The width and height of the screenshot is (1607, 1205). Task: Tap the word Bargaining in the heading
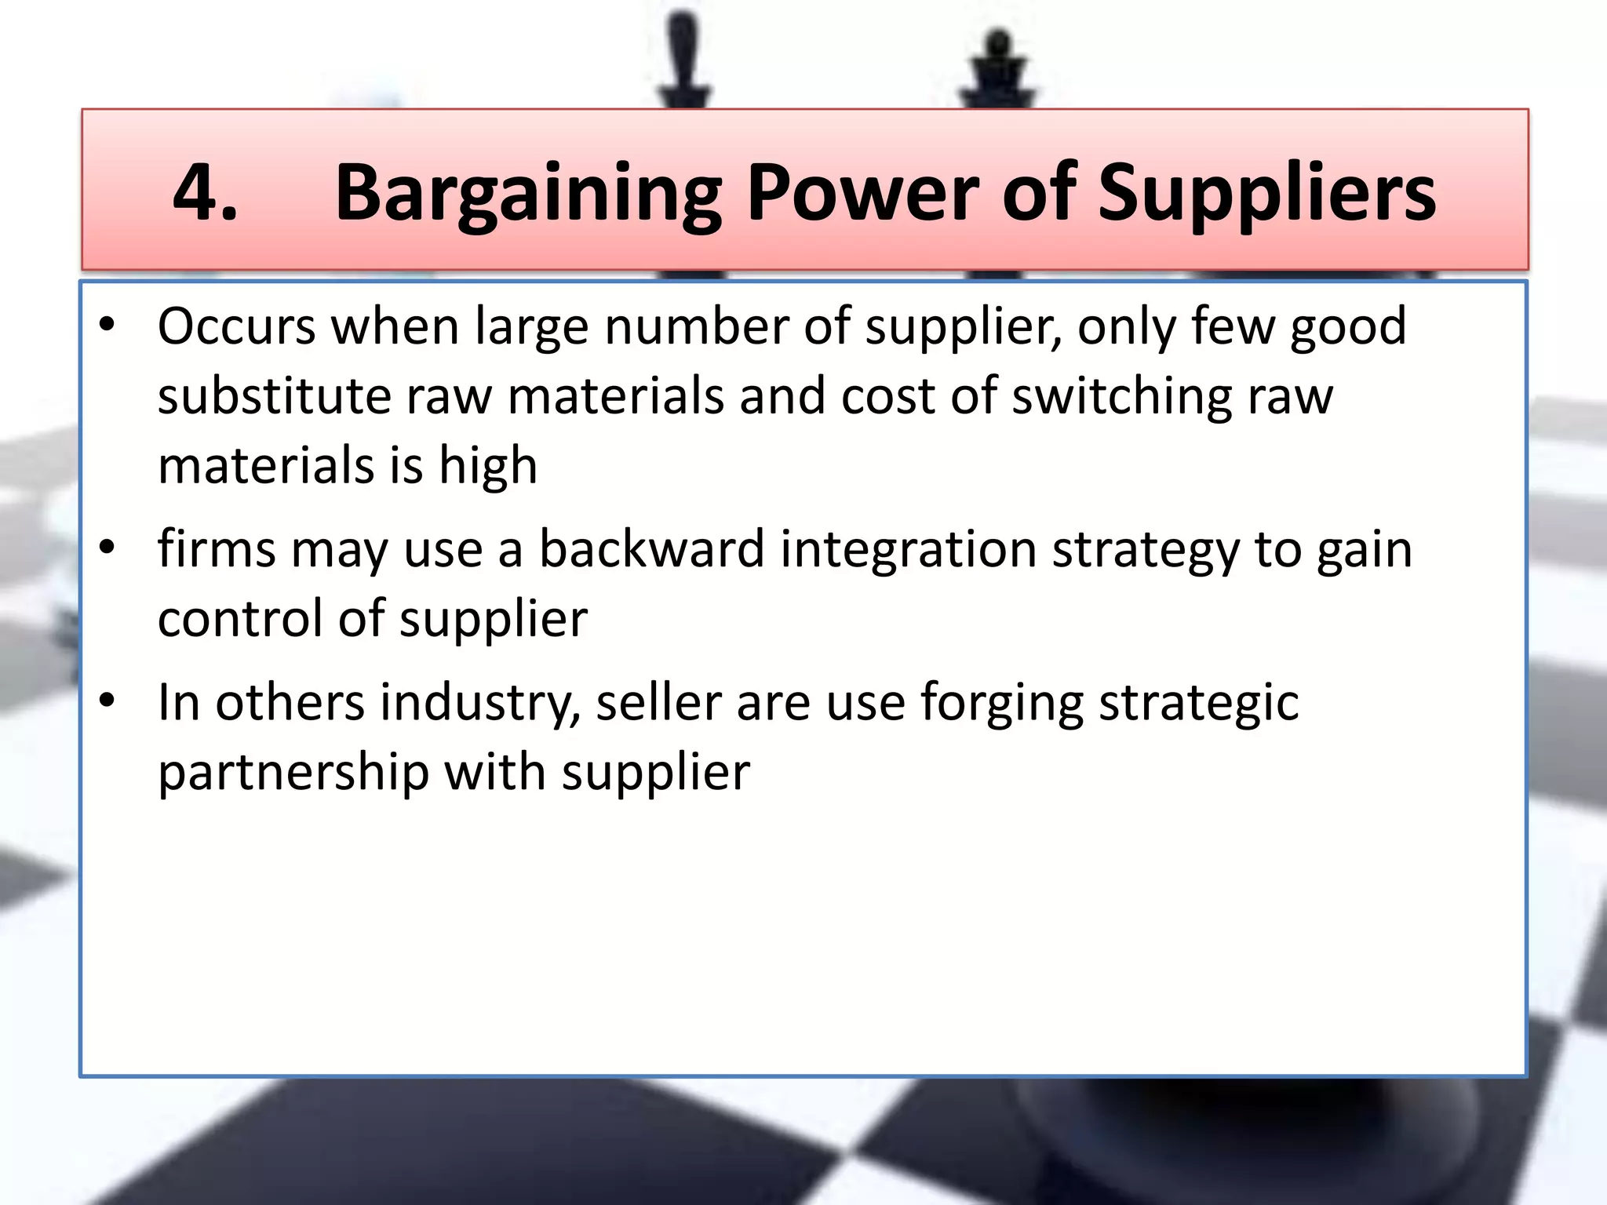click(528, 195)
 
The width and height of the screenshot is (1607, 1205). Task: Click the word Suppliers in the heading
click(1266, 195)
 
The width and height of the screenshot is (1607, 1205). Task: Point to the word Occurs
click(236, 326)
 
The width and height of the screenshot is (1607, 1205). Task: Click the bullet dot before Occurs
click(107, 324)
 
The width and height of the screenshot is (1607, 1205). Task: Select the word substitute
click(274, 396)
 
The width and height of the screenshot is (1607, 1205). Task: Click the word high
click(487, 467)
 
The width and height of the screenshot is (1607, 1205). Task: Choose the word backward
click(651, 549)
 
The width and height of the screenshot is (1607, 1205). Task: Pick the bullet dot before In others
click(107, 700)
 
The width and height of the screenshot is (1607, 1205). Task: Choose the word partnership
click(293, 774)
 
